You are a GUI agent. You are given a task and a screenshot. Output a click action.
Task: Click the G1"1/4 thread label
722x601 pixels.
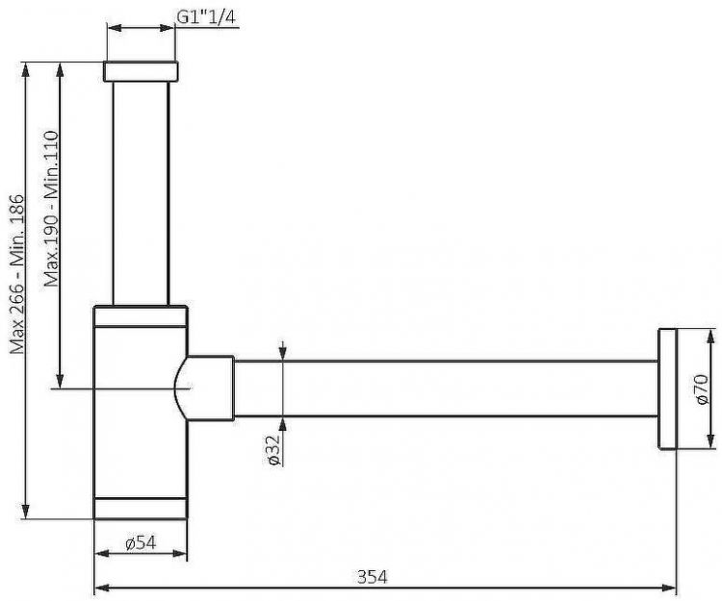(206, 17)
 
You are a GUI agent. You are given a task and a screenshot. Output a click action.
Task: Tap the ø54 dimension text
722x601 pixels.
(141, 543)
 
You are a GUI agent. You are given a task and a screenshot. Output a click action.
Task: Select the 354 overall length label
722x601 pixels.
(372, 576)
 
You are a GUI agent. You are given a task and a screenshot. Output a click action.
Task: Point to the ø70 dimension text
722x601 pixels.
(702, 389)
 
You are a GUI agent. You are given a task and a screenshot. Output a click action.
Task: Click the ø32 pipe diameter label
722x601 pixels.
(273, 450)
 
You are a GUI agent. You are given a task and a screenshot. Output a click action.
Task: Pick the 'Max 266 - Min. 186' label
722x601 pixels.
(17, 274)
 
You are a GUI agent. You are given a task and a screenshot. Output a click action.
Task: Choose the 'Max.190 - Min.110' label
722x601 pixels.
(52, 210)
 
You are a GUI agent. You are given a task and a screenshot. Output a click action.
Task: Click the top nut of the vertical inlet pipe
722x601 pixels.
(141, 71)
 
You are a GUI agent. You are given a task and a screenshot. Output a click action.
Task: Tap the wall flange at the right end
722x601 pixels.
(667, 388)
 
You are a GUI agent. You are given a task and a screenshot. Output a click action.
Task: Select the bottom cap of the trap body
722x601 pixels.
(141, 508)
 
